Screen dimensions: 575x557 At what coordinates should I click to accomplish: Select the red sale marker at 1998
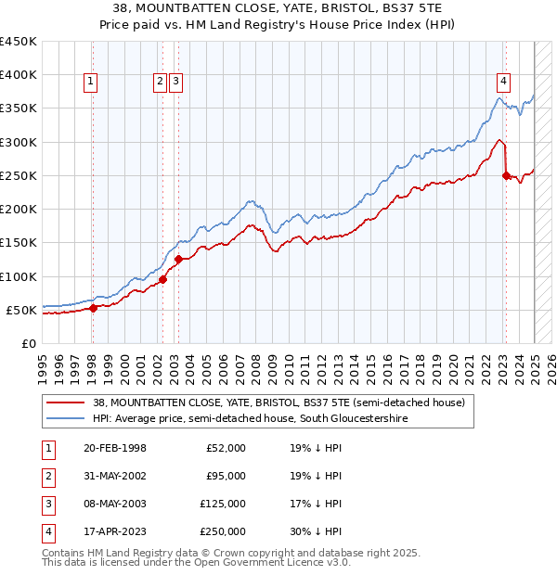click(93, 308)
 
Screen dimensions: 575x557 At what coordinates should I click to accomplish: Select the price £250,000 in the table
click(224, 531)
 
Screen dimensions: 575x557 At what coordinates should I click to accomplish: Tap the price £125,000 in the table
click(224, 504)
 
